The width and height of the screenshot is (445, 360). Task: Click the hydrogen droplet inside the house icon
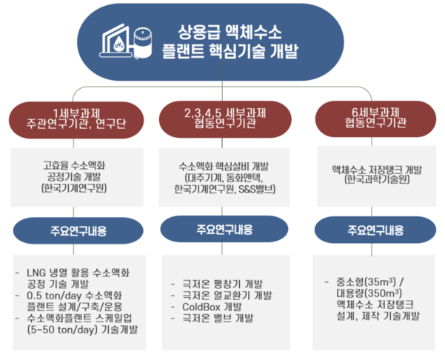[118, 44]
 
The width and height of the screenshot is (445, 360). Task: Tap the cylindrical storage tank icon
[142, 43]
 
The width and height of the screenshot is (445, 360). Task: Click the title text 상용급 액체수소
[230, 32]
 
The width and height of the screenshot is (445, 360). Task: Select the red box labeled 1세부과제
[76, 120]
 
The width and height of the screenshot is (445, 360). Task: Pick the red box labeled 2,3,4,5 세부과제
[225, 119]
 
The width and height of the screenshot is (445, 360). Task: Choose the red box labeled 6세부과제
[375, 119]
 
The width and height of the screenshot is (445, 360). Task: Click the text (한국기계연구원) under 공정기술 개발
[74, 188]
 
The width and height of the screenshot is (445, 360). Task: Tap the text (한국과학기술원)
[377, 179]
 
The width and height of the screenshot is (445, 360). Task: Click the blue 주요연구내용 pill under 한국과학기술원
[375, 230]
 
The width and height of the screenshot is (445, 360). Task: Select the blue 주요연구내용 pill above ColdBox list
[224, 229]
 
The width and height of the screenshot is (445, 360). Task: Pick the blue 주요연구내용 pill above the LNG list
[78, 230]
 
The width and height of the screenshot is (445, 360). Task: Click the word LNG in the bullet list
[36, 273]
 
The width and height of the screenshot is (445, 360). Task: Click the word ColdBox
[201, 307]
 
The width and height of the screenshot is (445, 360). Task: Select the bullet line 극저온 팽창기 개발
[222, 284]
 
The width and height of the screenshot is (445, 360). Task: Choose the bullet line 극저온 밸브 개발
[218, 319]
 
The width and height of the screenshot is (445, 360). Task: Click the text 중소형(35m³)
[366, 282]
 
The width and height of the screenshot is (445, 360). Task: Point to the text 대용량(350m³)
[369, 293]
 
